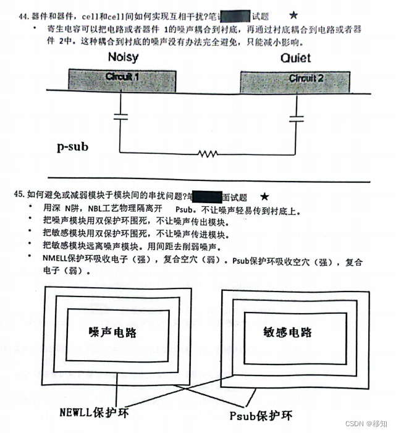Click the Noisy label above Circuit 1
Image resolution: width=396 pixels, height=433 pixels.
[x=123, y=58]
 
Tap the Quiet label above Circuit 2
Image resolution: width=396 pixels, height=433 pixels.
[x=295, y=59]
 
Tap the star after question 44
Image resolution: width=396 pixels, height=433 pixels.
[x=293, y=14]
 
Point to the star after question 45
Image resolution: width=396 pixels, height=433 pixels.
[x=264, y=196]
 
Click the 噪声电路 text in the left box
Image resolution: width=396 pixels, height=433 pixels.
[x=111, y=332]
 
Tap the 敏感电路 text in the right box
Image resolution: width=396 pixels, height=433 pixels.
[x=287, y=332]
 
